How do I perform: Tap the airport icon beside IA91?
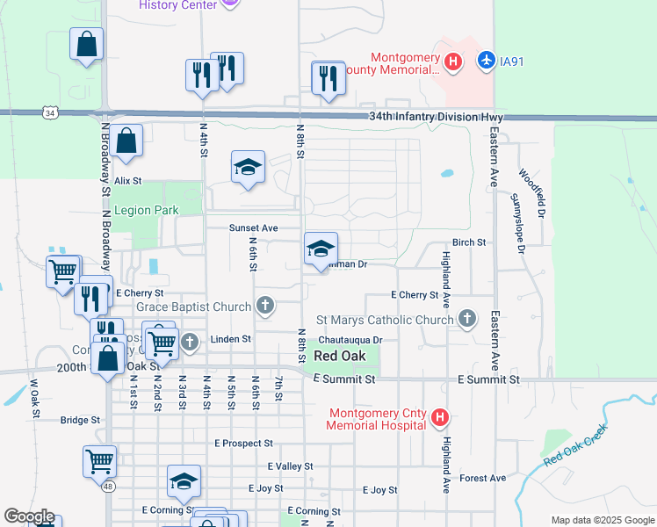pyautogui.click(x=485, y=61)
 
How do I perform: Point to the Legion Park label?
pyautogui.click(x=145, y=210)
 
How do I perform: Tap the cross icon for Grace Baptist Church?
pyautogui.click(x=265, y=307)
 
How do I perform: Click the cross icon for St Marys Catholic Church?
pyautogui.click(x=467, y=320)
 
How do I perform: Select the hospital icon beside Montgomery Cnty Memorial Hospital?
pyautogui.click(x=441, y=419)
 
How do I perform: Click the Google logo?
pyautogui.click(x=28, y=516)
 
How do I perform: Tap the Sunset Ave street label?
pyautogui.click(x=253, y=228)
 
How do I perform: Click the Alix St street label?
pyautogui.click(x=127, y=180)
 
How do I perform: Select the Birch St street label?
pyautogui.click(x=469, y=242)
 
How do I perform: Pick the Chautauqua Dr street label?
pyautogui.click(x=351, y=340)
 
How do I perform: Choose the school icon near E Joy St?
pyautogui.click(x=184, y=480)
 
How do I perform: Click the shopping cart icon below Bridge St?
pyautogui.click(x=100, y=459)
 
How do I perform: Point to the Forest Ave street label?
pyautogui.click(x=482, y=478)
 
